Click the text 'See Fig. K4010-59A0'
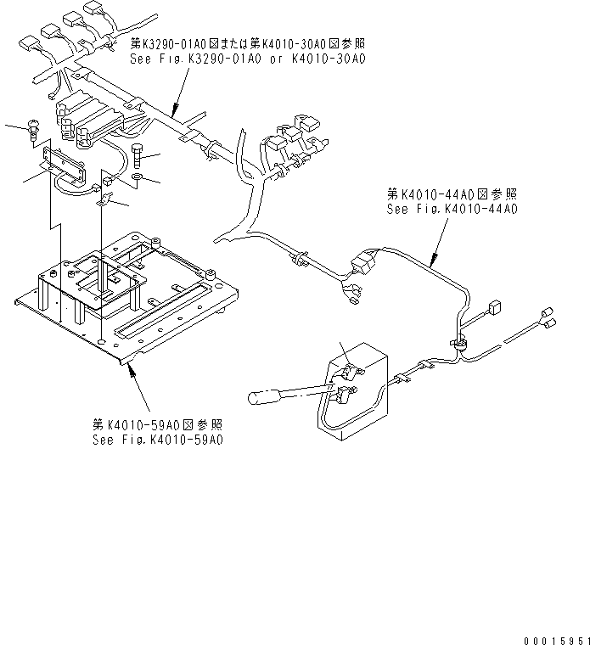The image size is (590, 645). point(159,440)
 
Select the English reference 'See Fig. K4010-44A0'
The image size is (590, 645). point(452,208)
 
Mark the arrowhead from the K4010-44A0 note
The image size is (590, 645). point(432,266)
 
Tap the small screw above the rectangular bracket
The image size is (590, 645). point(33,127)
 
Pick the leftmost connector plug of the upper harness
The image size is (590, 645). point(27,41)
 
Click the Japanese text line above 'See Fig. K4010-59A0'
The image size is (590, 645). point(159,424)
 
